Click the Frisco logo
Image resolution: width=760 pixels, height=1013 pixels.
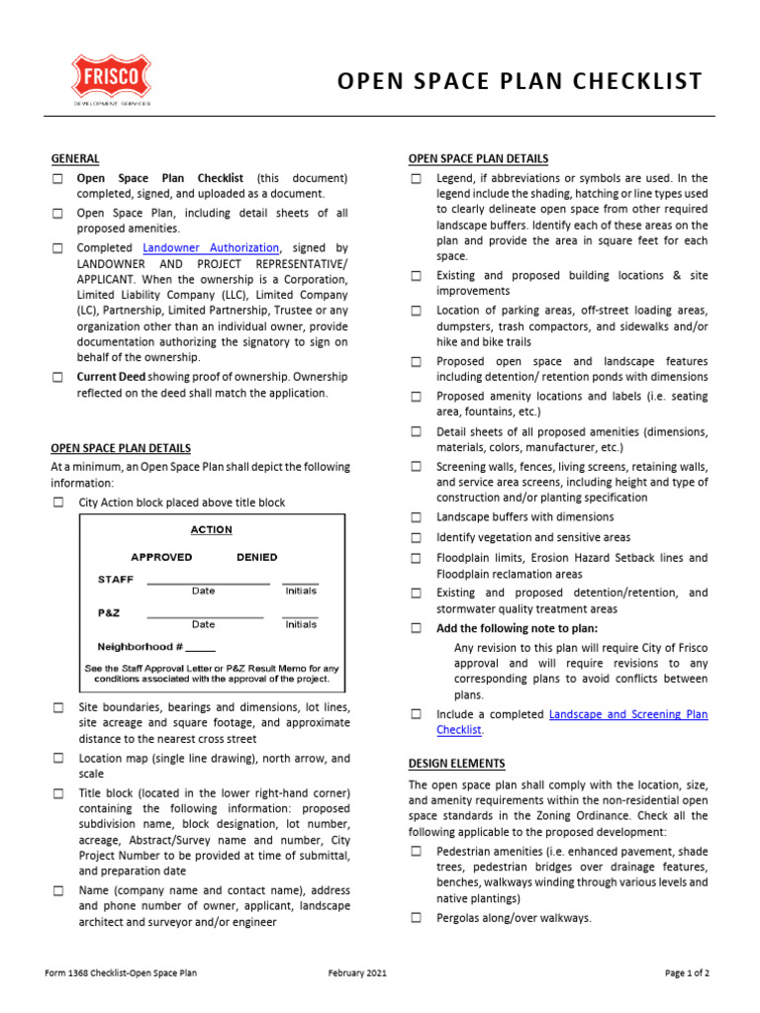point(111,80)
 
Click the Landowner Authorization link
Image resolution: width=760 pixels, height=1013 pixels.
point(212,247)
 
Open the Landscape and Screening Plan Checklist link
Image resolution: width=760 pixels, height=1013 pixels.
point(627,713)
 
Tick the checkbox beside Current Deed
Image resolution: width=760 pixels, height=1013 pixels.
point(58,377)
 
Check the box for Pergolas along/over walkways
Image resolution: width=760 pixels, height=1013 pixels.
point(417,918)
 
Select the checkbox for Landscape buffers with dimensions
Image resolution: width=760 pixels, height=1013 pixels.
point(417,517)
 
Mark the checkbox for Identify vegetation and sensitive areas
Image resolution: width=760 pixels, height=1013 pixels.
point(417,538)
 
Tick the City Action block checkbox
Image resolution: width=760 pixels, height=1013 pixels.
point(58,504)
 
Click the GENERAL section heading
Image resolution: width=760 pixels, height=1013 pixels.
point(75,158)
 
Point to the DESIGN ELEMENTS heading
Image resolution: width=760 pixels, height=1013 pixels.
point(456,764)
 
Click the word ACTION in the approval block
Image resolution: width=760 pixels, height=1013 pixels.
point(211,530)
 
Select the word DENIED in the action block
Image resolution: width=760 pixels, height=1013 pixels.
point(256,557)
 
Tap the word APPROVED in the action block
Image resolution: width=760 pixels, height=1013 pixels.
point(161,557)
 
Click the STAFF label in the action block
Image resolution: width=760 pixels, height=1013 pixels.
point(115,579)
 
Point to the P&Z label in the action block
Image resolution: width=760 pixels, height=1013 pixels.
point(109,612)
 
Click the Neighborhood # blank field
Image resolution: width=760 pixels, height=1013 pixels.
point(200,647)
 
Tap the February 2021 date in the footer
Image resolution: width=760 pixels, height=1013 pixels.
point(357,973)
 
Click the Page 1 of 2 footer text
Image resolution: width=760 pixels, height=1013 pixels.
point(687,973)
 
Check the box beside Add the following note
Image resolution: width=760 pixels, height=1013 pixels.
point(417,628)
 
